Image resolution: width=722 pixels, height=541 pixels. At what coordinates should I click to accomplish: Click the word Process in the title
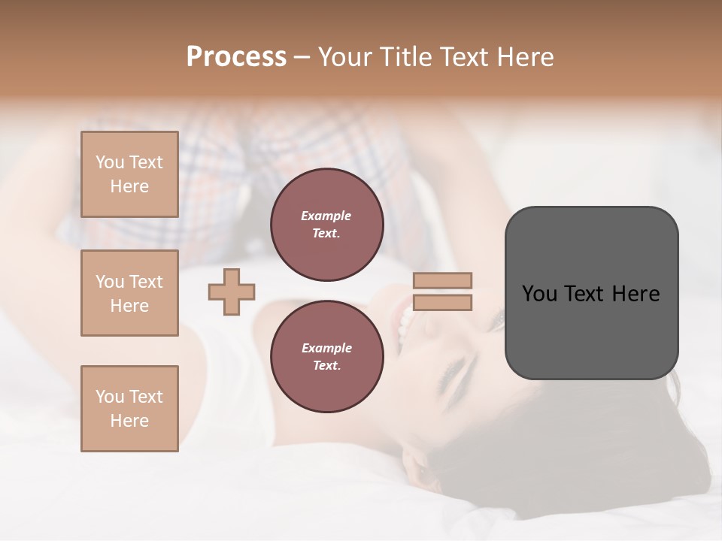[x=236, y=57]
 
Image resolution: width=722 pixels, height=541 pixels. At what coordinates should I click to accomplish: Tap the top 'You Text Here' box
[x=129, y=174]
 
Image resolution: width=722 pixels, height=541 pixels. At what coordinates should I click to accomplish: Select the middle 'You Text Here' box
[x=129, y=293]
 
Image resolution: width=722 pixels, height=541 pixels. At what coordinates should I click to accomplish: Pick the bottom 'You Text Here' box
[x=129, y=409]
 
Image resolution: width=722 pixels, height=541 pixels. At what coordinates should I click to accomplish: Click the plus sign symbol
[x=232, y=292]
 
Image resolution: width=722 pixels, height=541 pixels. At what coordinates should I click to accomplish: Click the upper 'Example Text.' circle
[x=326, y=225]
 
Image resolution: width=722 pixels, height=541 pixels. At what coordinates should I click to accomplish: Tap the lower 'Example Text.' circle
[x=326, y=356]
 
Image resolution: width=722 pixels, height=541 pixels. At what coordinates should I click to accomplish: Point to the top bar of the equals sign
[x=442, y=280]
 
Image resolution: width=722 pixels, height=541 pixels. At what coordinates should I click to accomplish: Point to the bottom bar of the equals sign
[x=442, y=302]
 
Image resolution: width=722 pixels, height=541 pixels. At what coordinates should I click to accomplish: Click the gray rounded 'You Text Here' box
[x=591, y=293]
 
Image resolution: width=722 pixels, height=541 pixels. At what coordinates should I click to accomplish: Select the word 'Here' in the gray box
[x=636, y=294]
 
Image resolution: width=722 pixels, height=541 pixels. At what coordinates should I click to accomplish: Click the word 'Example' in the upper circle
[x=326, y=216]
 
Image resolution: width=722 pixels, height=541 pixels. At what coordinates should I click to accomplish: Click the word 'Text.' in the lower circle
[x=326, y=365]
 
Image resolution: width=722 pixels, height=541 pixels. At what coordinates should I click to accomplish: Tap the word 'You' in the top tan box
[x=110, y=162]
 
